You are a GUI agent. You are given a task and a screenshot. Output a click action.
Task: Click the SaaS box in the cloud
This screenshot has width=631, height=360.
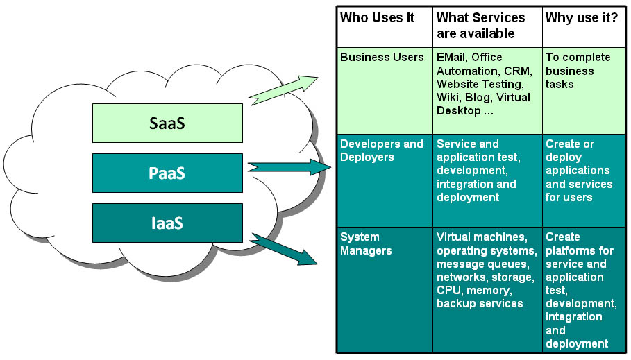pos(167,123)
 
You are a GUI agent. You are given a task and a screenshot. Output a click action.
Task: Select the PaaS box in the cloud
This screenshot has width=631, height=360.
pos(167,173)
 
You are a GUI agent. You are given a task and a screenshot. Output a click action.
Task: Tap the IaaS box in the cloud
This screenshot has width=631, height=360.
pos(167,223)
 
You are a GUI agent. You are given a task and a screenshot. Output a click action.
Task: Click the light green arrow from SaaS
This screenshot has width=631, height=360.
pos(283,89)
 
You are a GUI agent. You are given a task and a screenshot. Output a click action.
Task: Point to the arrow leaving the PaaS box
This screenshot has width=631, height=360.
pos(289,167)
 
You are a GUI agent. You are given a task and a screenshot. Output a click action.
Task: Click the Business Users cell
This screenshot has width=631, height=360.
pos(385,91)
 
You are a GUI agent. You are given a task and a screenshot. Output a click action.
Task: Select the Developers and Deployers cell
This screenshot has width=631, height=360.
pos(385,180)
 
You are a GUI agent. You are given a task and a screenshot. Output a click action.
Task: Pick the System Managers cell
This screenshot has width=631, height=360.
pos(385,290)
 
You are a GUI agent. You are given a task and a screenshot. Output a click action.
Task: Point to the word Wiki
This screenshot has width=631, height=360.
pos(448,97)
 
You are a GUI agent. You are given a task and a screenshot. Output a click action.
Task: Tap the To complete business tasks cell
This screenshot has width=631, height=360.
pos(584,91)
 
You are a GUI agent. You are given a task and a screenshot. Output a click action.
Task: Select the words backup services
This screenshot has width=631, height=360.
pos(480,303)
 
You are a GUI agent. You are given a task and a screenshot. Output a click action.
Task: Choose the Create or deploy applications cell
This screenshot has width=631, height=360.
pos(584,180)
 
